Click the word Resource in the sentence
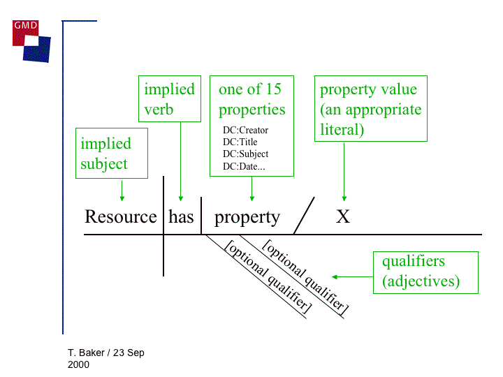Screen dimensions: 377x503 coord(121,217)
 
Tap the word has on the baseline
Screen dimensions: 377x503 coord(181,217)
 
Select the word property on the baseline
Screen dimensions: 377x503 coord(247,218)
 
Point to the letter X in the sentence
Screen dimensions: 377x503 coord(342,217)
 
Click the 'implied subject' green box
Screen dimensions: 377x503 coord(112,154)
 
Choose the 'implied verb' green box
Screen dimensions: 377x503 coord(168,99)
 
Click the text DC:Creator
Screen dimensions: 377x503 coord(245,130)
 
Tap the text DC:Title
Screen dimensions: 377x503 coord(240,142)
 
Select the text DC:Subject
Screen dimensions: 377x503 coord(245,154)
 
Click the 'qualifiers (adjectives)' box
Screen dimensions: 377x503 coord(425,272)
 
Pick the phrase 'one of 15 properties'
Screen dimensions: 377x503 coord(251,99)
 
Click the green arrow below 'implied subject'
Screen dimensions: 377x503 coord(122,191)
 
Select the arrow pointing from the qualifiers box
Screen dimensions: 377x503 coord(353,277)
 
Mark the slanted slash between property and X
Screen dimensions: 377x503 coord(304,216)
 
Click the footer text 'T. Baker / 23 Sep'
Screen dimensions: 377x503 coord(106,353)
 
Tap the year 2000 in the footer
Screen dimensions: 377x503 coord(79,364)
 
